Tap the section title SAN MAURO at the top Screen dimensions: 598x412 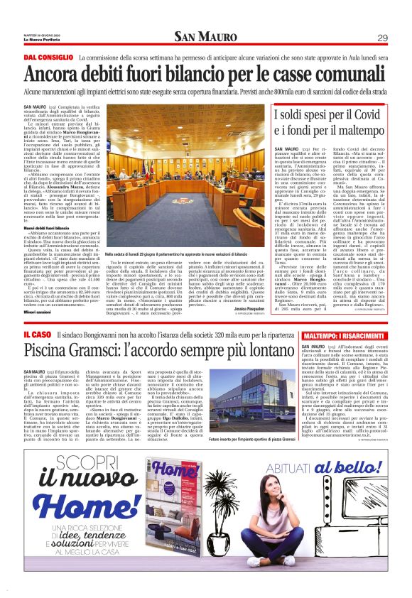(205, 38)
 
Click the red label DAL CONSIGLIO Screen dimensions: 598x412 (48, 57)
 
